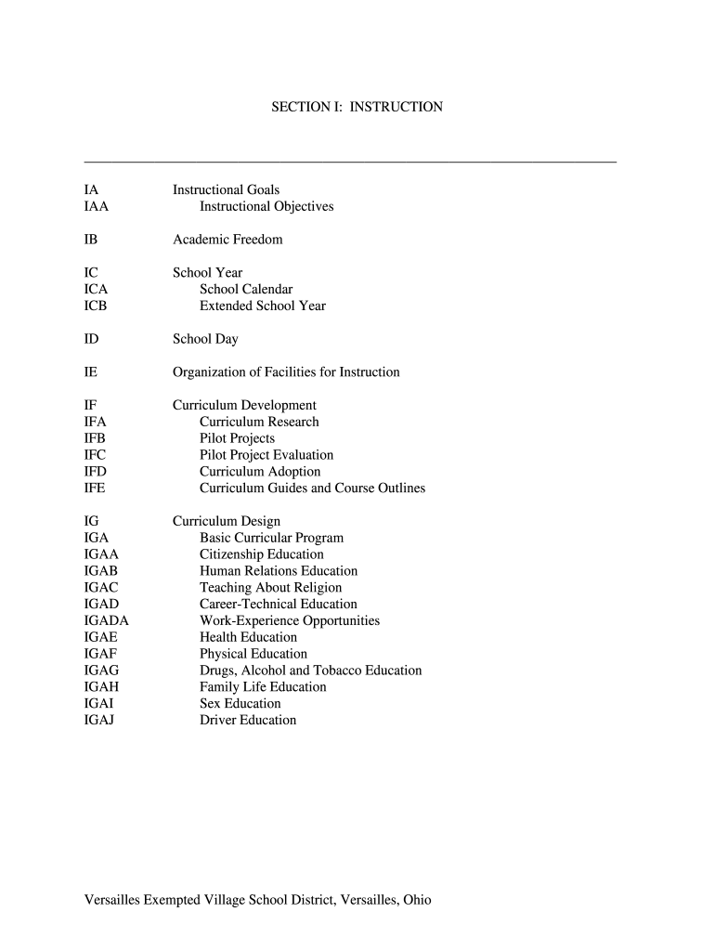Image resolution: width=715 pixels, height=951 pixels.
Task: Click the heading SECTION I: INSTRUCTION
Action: (x=357, y=107)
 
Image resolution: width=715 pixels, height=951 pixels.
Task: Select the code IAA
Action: (x=97, y=206)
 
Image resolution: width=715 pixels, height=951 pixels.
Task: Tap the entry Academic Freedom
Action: (x=227, y=240)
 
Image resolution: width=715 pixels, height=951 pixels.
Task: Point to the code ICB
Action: (x=96, y=306)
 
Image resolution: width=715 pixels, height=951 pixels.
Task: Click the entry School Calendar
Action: (x=246, y=289)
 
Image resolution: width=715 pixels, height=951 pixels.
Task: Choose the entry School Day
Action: (x=205, y=339)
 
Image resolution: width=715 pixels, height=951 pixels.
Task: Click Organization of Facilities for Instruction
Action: (x=286, y=372)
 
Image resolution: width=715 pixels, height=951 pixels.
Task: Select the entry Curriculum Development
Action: (x=244, y=405)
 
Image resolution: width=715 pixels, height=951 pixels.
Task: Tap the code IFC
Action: (x=95, y=455)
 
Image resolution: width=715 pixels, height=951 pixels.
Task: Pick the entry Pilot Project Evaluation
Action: (x=266, y=455)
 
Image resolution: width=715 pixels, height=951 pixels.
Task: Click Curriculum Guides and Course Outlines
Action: (x=312, y=488)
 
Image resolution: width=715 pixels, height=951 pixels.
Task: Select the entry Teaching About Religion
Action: (x=270, y=587)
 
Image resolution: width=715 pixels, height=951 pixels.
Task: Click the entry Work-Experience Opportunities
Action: (x=290, y=620)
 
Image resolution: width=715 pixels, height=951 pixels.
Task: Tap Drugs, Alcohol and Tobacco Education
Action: (x=310, y=671)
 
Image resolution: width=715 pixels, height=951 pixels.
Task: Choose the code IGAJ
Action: (x=99, y=720)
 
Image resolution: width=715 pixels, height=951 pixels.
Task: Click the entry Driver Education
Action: (x=248, y=720)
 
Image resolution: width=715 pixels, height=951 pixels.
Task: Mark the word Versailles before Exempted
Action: (x=112, y=900)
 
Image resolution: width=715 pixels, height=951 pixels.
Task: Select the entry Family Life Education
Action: (x=263, y=687)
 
